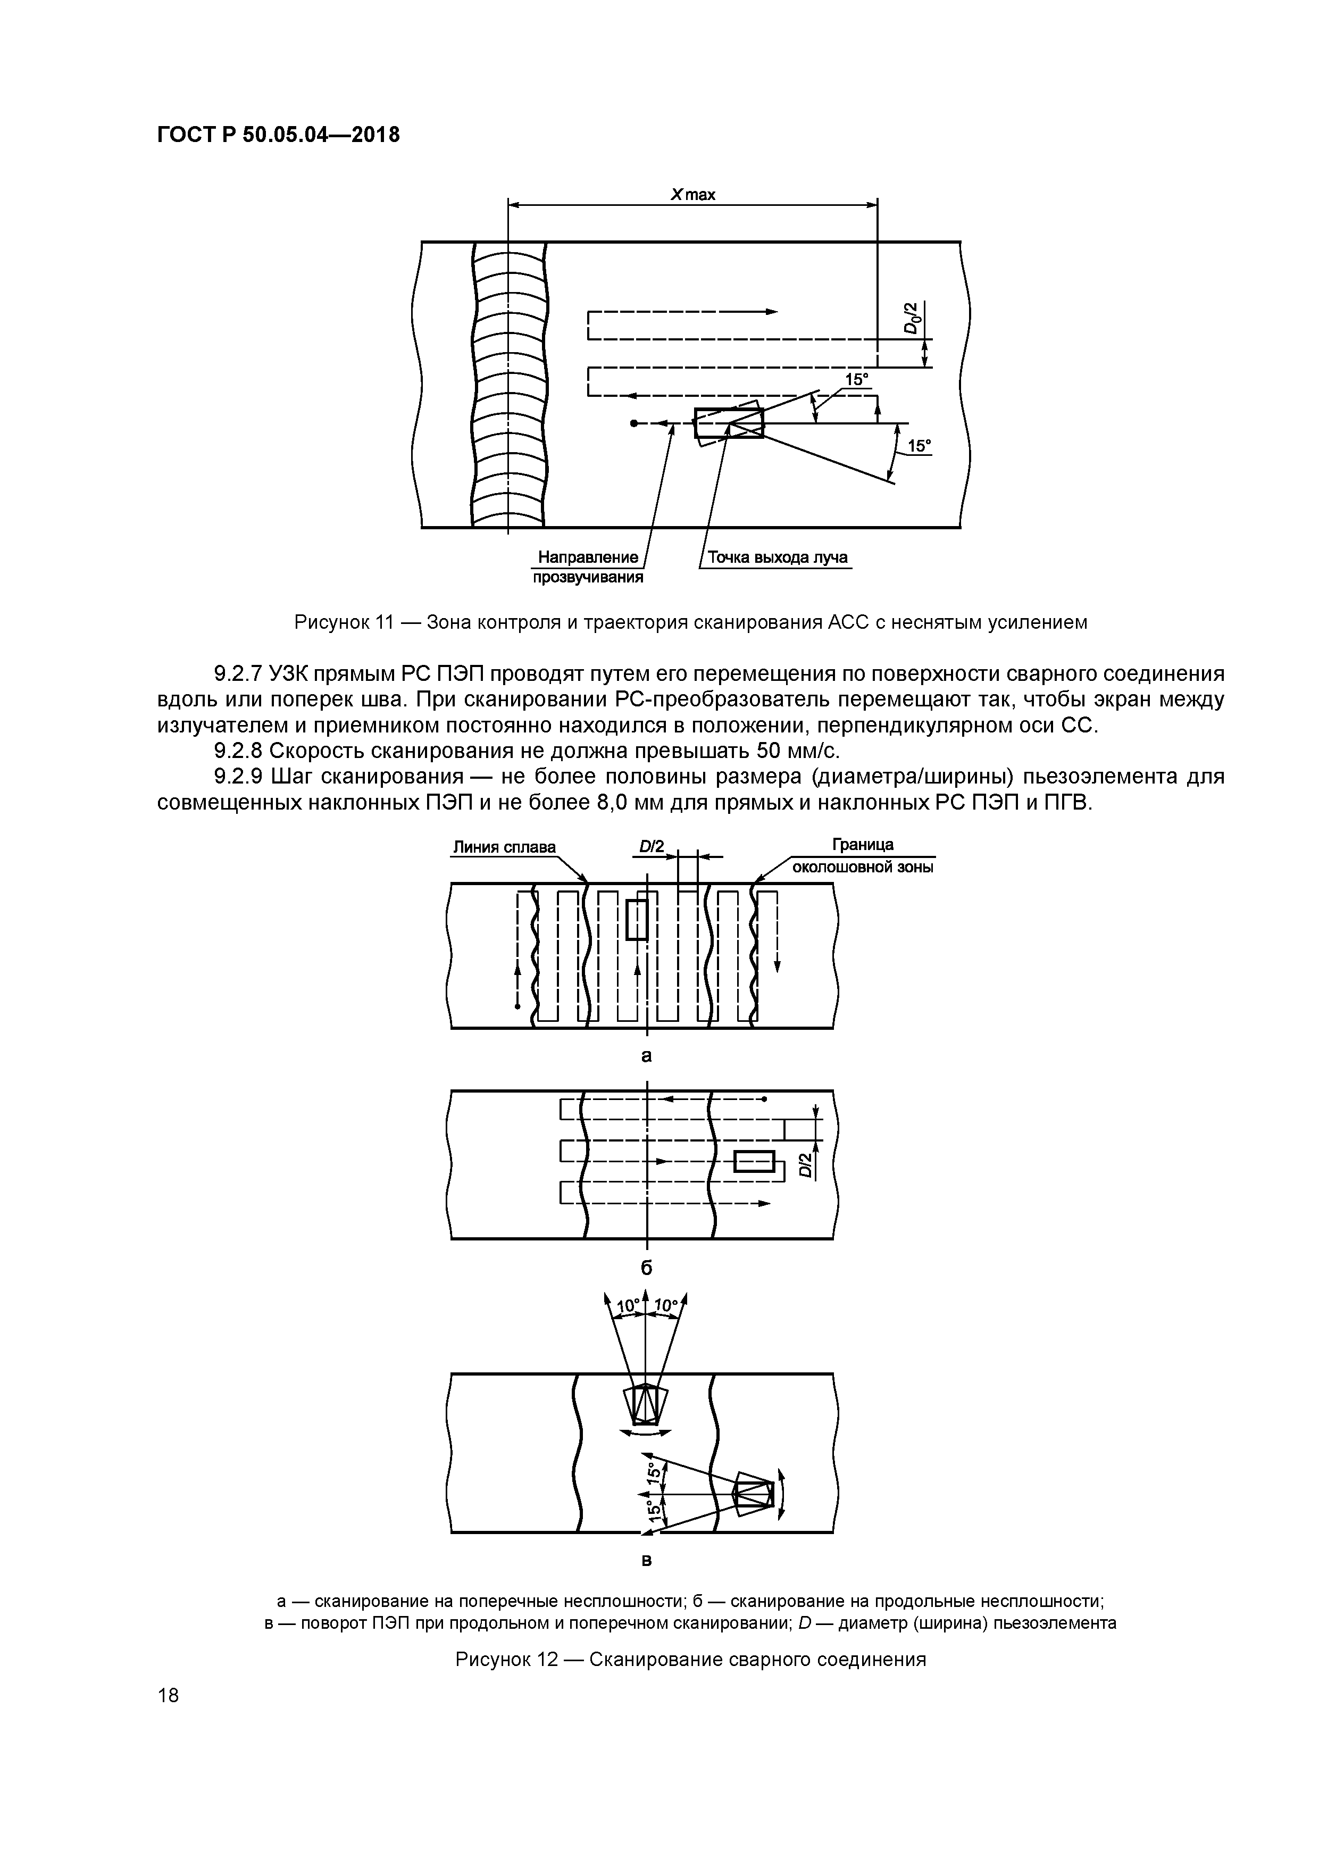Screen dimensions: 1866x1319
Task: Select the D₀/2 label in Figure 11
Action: click(x=914, y=317)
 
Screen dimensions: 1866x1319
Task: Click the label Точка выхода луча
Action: click(x=777, y=557)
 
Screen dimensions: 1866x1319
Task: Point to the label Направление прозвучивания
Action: click(x=588, y=567)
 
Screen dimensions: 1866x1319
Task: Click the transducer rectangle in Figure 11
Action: click(x=728, y=423)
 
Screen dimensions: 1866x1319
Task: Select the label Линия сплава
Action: click(x=504, y=847)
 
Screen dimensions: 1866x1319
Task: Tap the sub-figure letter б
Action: click(x=647, y=1268)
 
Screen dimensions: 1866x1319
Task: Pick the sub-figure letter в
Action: click(x=647, y=1561)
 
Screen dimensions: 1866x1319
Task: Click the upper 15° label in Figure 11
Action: click(x=857, y=380)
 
